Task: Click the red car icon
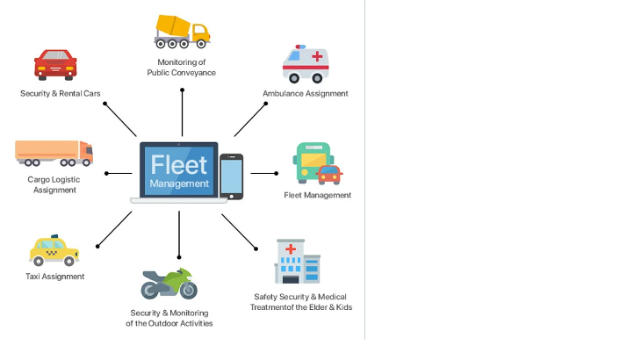click(x=55, y=65)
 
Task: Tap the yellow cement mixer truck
click(x=182, y=31)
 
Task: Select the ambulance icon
click(x=306, y=65)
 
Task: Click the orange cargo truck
click(x=54, y=153)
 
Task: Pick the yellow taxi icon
click(x=54, y=251)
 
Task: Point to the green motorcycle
click(x=169, y=283)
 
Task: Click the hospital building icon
click(x=297, y=262)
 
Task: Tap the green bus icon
click(x=314, y=162)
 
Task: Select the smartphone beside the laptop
click(x=231, y=176)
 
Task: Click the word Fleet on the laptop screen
click(x=179, y=164)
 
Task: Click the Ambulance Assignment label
click(x=306, y=93)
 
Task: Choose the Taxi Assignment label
click(x=55, y=277)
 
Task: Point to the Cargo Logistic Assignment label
click(x=52, y=184)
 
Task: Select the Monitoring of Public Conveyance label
click(x=182, y=68)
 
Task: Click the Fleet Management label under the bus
click(x=317, y=195)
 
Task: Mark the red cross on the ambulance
click(x=317, y=57)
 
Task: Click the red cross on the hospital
click(x=290, y=249)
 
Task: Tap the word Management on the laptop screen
click(x=179, y=184)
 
